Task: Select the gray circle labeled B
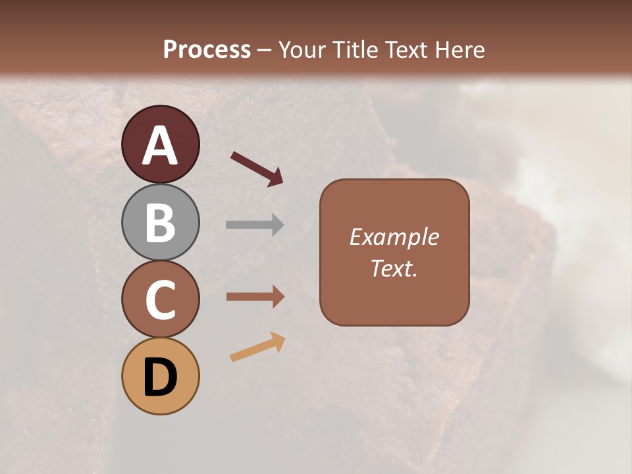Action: click(x=161, y=222)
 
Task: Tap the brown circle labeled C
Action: click(x=161, y=299)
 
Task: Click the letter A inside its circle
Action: click(x=161, y=145)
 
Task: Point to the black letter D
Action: click(x=161, y=377)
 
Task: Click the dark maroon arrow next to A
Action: click(x=257, y=169)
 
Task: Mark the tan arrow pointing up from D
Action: click(x=257, y=347)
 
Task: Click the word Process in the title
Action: click(x=207, y=50)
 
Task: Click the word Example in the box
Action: click(x=394, y=237)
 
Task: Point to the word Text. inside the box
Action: click(x=394, y=268)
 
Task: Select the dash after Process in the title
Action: click(x=265, y=51)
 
